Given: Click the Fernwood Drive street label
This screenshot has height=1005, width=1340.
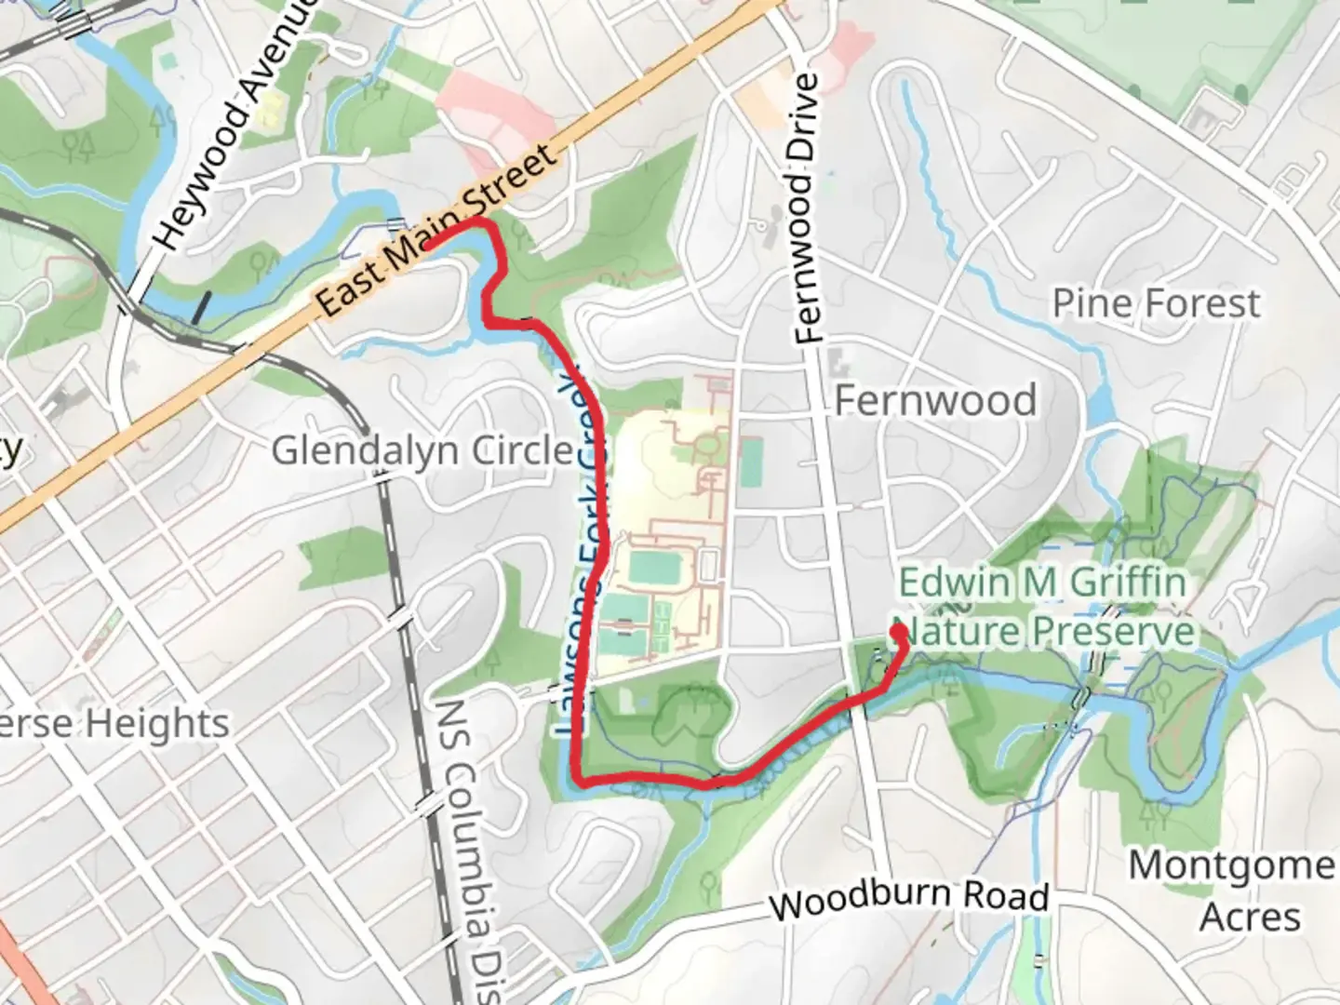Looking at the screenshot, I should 807,209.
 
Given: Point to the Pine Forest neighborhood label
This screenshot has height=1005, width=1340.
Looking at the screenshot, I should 1156,303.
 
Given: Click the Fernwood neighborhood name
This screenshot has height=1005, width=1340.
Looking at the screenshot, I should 935,400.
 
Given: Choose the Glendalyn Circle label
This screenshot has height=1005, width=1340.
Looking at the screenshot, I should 423,451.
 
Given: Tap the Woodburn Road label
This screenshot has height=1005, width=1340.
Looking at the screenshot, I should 910,898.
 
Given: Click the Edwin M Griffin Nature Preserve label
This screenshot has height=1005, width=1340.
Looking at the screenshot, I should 1044,607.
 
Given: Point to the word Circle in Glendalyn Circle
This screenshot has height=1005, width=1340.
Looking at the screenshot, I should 526,451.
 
